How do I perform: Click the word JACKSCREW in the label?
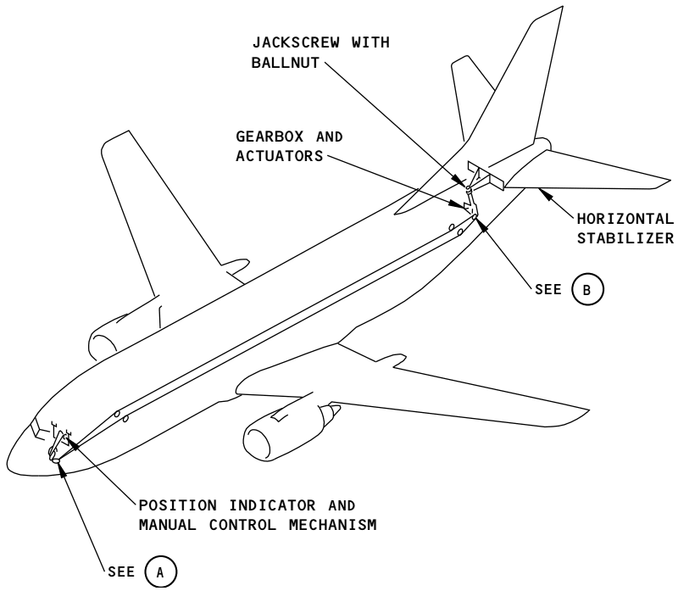(296, 42)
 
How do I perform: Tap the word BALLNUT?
(286, 63)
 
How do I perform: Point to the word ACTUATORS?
(280, 156)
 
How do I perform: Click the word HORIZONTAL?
(625, 219)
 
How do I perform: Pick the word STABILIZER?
(625, 238)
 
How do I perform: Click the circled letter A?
(160, 572)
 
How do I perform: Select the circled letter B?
(587, 289)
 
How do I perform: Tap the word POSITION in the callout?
(178, 505)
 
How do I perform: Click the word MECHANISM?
(333, 525)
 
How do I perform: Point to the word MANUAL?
(167, 525)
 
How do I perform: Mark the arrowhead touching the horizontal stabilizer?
(545, 194)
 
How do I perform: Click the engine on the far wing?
(103, 337)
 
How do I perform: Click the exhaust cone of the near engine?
(334, 412)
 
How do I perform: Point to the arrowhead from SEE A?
(63, 471)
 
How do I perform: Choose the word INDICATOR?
(272, 505)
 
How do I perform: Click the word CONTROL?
(242, 525)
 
